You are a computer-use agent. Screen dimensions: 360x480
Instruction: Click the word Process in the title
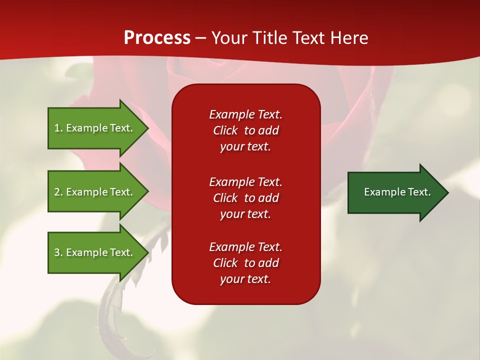[157, 38]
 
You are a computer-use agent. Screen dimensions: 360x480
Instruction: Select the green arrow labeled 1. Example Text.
[93, 128]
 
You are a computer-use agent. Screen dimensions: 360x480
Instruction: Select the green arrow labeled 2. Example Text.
[93, 192]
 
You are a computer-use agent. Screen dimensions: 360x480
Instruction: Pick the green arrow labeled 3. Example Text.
[93, 252]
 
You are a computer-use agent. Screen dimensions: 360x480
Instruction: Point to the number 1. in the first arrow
[58, 128]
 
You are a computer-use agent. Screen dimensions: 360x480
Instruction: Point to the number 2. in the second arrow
[58, 192]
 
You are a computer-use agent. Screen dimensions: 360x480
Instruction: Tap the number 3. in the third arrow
[58, 252]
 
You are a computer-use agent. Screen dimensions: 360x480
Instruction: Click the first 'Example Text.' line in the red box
[245, 114]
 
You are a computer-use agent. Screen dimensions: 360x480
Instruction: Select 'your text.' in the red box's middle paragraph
[245, 214]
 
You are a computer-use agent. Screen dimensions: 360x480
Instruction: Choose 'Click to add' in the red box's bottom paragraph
[245, 263]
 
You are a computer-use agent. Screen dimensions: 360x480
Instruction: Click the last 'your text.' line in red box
[245, 279]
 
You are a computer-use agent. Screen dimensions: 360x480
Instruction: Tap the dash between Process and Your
[200, 38]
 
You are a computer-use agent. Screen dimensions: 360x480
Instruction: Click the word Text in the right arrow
[419, 192]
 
